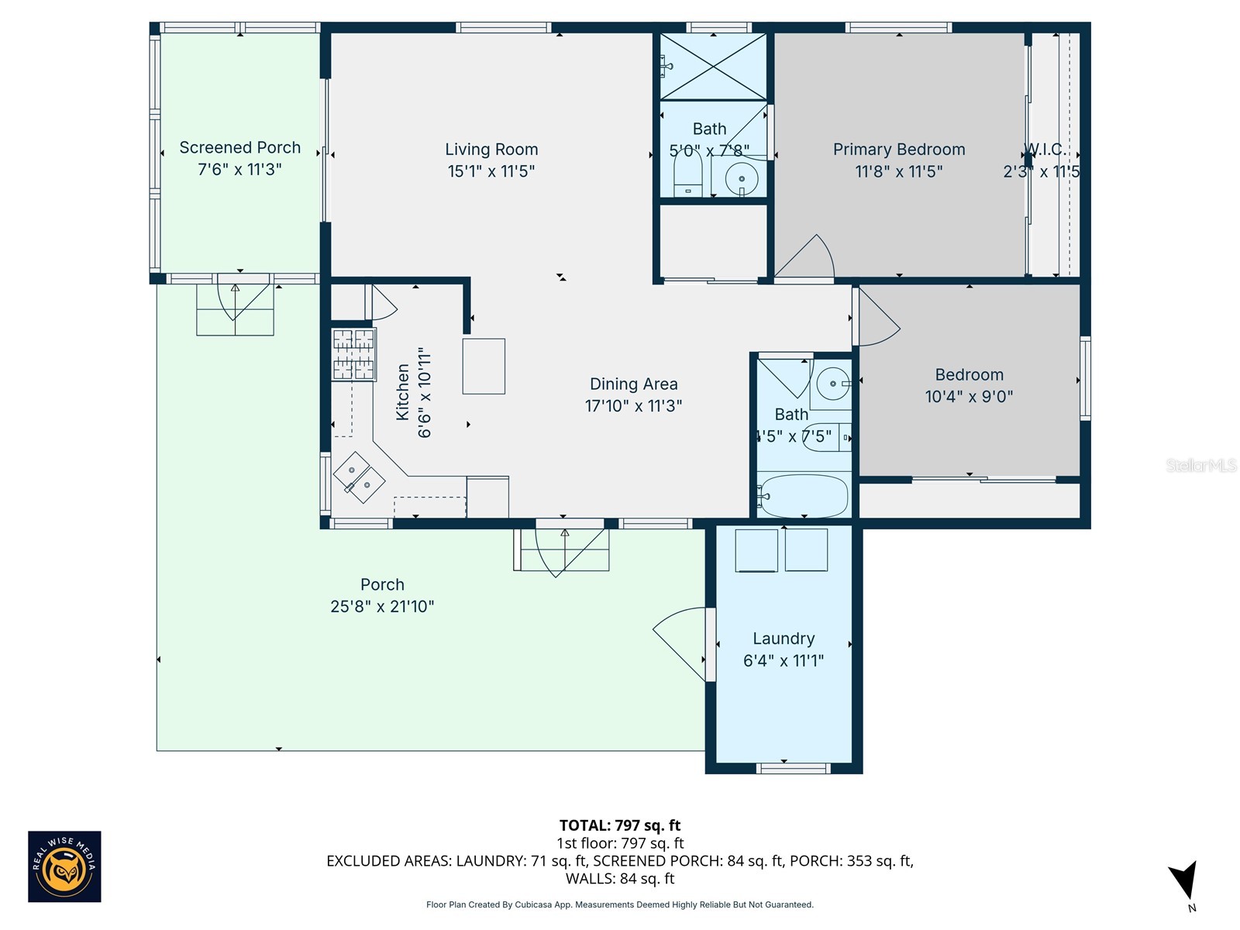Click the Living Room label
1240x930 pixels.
491,150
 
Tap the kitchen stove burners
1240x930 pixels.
353,354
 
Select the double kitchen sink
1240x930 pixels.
359,477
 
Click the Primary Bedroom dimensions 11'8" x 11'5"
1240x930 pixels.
898,171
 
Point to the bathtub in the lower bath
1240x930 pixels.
804,496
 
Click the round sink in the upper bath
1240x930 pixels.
742,180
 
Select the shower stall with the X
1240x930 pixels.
713,67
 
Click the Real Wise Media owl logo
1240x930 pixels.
64,866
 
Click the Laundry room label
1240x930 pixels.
784,639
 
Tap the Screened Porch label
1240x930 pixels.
239,148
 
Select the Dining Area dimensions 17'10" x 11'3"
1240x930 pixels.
633,406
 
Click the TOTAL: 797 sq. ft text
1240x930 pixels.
619,825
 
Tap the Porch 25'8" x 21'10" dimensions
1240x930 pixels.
382,607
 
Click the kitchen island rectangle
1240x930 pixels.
484,366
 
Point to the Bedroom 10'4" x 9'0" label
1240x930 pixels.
969,385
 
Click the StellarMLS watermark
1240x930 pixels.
1201,465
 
